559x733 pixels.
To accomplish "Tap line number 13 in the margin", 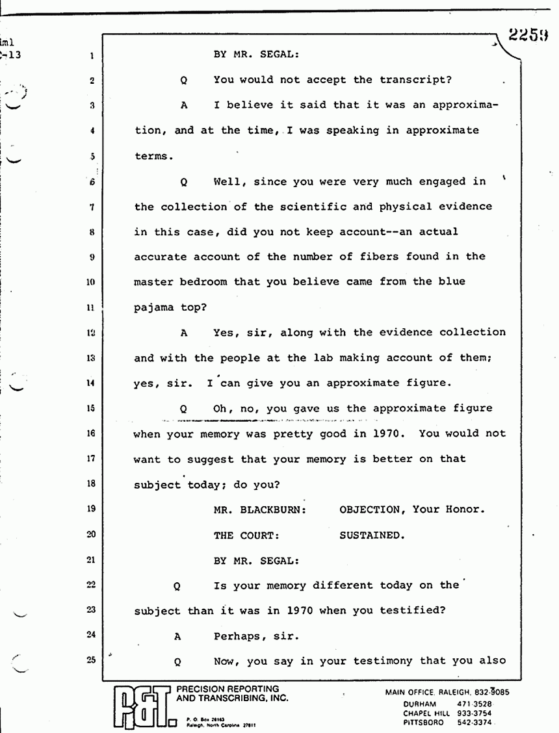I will [92, 357].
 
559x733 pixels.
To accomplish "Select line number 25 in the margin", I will [92, 661].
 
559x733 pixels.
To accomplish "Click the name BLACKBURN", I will [276, 509].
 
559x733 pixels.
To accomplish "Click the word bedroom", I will [212, 283].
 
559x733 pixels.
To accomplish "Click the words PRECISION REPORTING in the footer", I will [229, 689].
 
